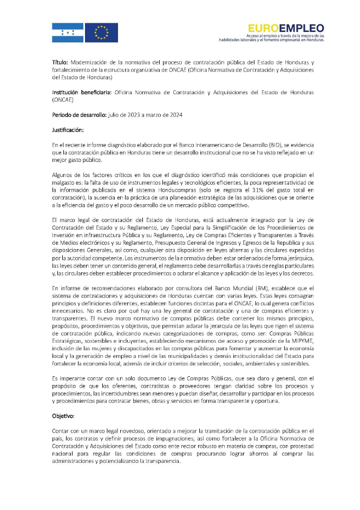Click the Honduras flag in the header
tap(68, 32)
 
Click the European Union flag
tap(101, 32)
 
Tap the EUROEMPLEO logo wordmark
tap(286, 29)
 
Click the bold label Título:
tap(60, 62)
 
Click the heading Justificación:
tap(68, 130)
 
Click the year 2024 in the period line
tap(174, 115)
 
